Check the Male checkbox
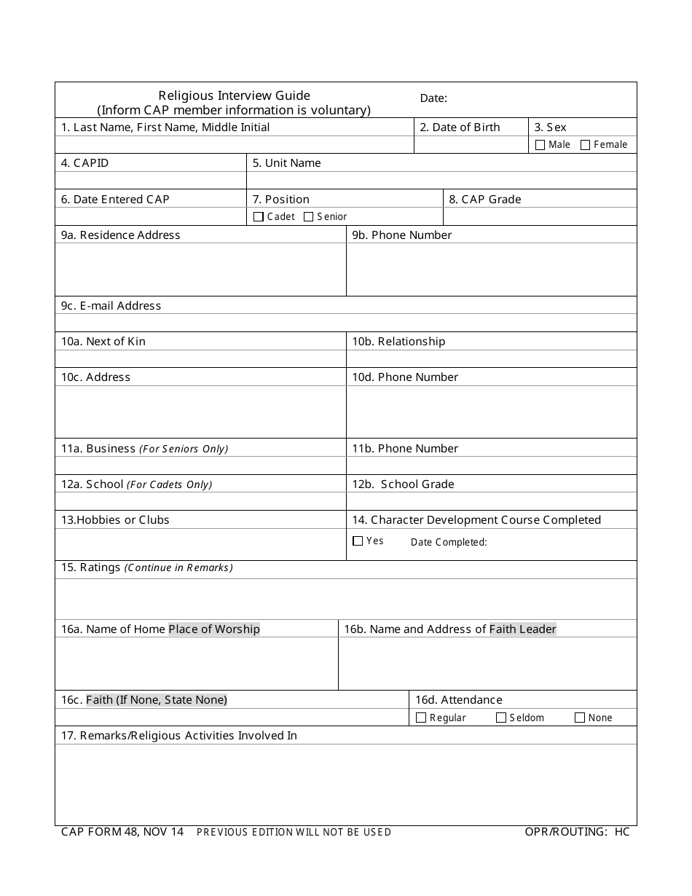pyautogui.click(x=540, y=145)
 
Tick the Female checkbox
pyautogui.click(x=585, y=145)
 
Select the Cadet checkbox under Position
pyautogui.click(x=259, y=216)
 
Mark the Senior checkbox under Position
pyautogui.click(x=308, y=216)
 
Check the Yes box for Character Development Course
pyautogui.click(x=358, y=541)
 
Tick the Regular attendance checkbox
pyautogui.click(x=421, y=718)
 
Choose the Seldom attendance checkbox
pyautogui.click(x=501, y=718)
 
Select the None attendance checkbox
pyautogui.click(x=580, y=718)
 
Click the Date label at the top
pyautogui.click(x=433, y=98)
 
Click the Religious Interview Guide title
pyautogui.click(x=235, y=95)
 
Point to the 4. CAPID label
pyautogui.click(x=84, y=163)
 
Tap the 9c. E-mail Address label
pyautogui.click(x=111, y=306)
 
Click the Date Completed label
pyautogui.click(x=449, y=542)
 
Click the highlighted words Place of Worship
pyautogui.click(x=214, y=629)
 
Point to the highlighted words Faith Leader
pyautogui.click(x=522, y=629)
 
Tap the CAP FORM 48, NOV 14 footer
pyautogui.click(x=122, y=832)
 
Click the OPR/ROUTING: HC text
pyautogui.click(x=577, y=832)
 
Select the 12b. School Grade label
pyautogui.click(x=403, y=484)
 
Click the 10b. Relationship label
pyautogui.click(x=398, y=342)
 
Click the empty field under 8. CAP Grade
pyautogui.click(x=540, y=217)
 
